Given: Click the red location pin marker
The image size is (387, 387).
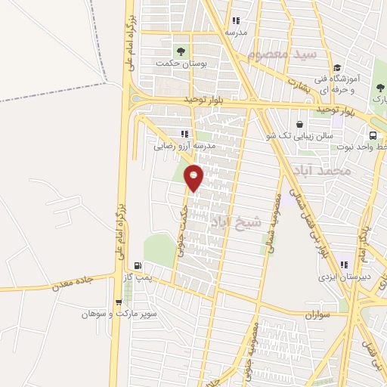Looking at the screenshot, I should click(194, 177).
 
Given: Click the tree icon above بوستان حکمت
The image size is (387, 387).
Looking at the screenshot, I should click(181, 51).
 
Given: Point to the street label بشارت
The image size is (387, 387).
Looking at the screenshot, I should click(300, 84).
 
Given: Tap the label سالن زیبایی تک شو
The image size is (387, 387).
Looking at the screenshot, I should click(301, 135).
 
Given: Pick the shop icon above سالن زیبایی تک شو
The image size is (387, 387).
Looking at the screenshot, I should click(301, 123).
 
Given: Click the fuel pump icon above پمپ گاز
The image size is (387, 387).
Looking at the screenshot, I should click(138, 265).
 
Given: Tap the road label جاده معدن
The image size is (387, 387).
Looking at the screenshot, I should click(73, 284).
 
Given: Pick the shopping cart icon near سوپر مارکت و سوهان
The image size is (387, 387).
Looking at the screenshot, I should click(118, 302).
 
